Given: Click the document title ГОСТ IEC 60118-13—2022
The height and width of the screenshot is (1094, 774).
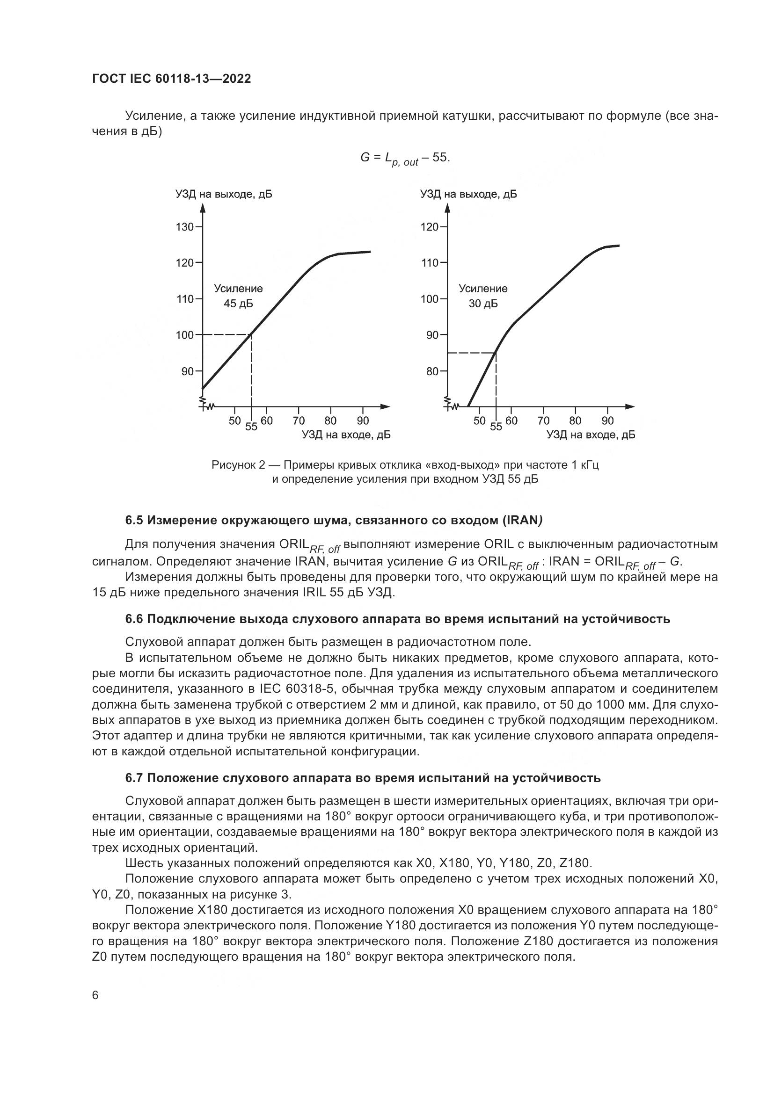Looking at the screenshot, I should coord(171,79).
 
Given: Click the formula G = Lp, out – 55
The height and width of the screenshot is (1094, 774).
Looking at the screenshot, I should coord(405,158).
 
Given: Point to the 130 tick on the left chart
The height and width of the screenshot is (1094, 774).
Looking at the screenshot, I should coord(185,227).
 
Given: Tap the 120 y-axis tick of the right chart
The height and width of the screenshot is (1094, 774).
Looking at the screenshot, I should coord(430,227).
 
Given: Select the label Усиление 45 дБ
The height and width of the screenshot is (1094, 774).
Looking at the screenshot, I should coord(238,296).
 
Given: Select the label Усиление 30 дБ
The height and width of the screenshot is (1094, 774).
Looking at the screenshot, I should coord(483,296).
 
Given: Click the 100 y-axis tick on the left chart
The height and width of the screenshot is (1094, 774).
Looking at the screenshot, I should coord(185,335).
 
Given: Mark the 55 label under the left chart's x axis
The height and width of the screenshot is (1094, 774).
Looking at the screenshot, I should coord(251,427).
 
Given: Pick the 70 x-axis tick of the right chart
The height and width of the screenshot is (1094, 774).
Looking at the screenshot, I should coord(543,421).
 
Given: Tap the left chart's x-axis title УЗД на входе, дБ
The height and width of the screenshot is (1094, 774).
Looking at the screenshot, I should coord(346,435).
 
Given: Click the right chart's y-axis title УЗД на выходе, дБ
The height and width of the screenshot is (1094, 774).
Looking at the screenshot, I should coord(468,195).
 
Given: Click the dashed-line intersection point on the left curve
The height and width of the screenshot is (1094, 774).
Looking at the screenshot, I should coord(251,335).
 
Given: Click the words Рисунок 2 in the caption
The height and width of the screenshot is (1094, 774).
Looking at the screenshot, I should coord(234,464).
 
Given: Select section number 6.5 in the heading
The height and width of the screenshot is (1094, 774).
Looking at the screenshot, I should coord(134,520).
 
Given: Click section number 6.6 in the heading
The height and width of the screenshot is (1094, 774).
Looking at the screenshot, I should coord(134,619).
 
